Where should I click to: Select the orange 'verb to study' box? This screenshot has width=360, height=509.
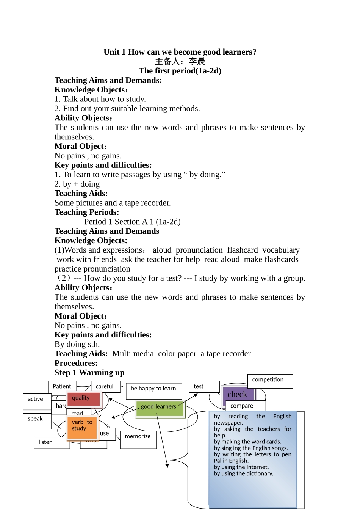(82, 428)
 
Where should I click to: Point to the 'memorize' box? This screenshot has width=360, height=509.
(138, 439)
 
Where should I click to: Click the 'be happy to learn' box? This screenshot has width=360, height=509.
(153, 390)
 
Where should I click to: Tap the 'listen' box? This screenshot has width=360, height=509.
(52, 443)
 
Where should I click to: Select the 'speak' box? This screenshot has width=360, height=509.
(37, 421)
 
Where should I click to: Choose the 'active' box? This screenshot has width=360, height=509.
(37, 401)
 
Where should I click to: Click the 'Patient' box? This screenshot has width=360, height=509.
(62, 387)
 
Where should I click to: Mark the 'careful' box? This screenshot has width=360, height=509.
(105, 387)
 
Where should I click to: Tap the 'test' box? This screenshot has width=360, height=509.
(204, 387)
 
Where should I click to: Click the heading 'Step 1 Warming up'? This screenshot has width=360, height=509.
(89, 373)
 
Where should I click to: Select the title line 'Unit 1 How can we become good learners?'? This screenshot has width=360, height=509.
(180, 52)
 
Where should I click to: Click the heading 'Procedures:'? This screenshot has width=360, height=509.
(76, 363)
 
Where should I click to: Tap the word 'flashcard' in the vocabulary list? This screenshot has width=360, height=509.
(243, 250)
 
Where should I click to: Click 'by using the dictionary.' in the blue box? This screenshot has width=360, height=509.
(243, 473)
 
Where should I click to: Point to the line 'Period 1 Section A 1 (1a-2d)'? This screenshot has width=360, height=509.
(132, 222)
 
